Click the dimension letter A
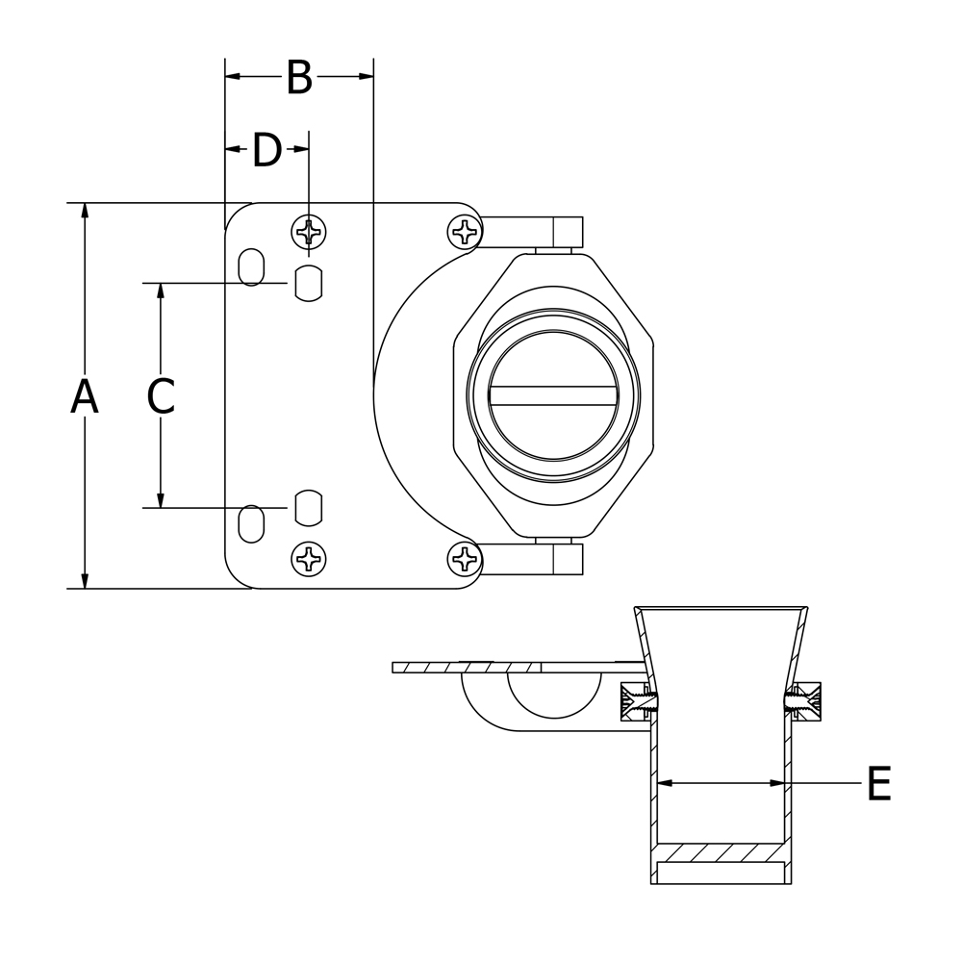pyautogui.click(x=85, y=396)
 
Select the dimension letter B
pyautogui.click(x=299, y=77)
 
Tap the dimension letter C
pyautogui.click(x=161, y=395)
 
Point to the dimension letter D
pyautogui.click(x=267, y=150)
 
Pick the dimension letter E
pyautogui.click(x=879, y=783)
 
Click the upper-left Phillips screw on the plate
pyautogui.click(x=308, y=232)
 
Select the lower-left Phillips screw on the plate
pyautogui.click(x=308, y=559)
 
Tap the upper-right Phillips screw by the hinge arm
pyautogui.click(x=465, y=232)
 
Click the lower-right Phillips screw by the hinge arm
pyautogui.click(x=465, y=559)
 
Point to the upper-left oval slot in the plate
pyautogui.click(x=251, y=266)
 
